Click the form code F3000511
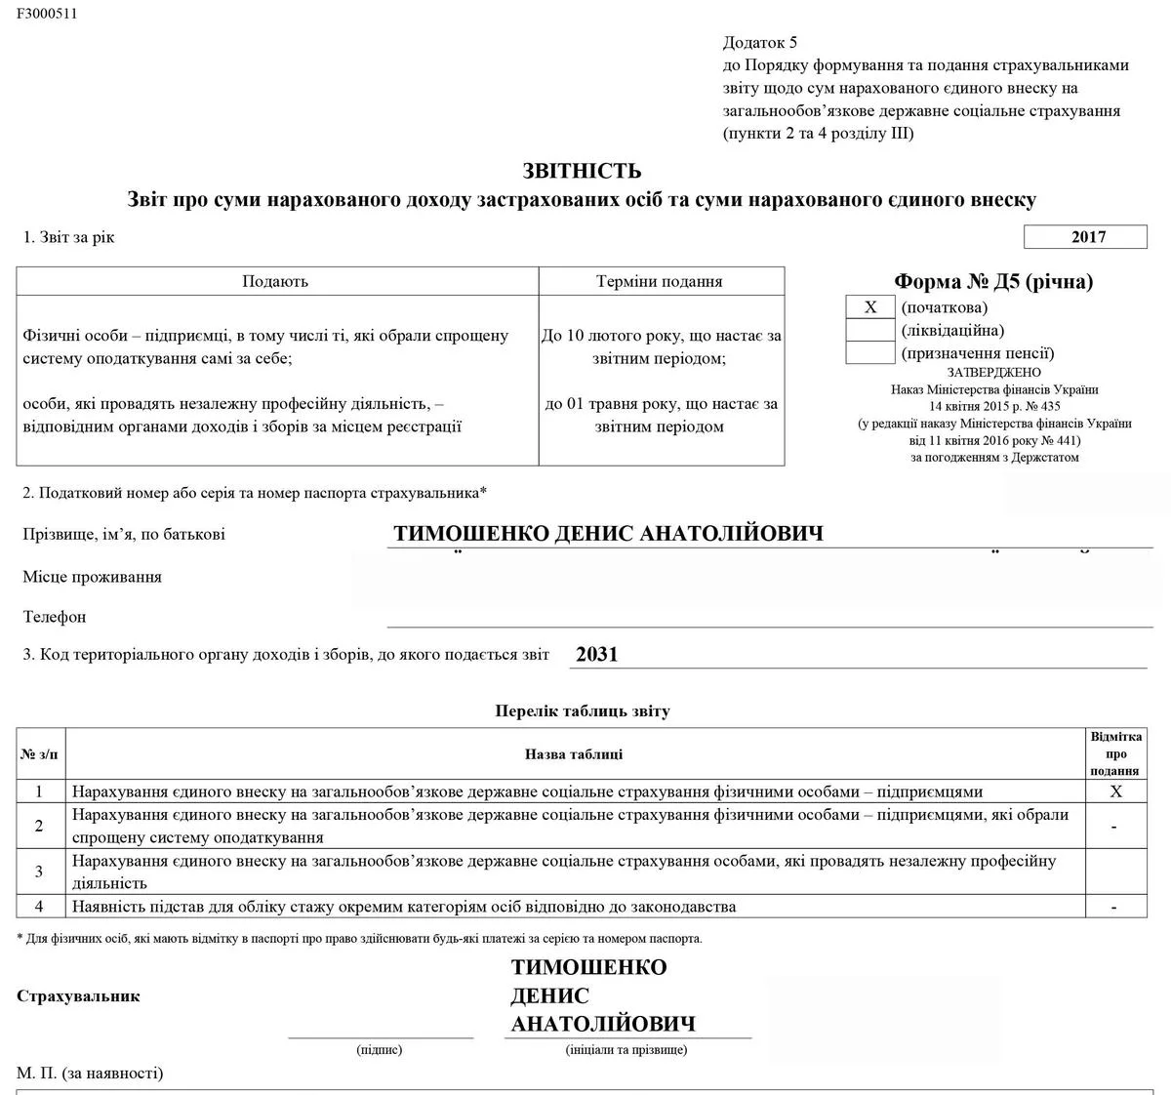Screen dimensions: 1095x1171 click(47, 14)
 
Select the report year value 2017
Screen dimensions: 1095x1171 click(1088, 237)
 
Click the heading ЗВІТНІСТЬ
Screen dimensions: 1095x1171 click(582, 172)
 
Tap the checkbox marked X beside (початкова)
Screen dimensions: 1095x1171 click(870, 307)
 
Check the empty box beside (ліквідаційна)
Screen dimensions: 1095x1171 click(870, 330)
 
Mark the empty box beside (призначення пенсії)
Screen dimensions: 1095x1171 click(870, 352)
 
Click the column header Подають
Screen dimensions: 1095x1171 click(275, 281)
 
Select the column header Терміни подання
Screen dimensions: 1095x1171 click(660, 281)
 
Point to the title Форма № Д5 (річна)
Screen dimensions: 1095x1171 click(993, 282)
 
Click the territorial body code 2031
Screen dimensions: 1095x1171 click(597, 655)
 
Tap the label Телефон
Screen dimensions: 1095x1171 click(55, 617)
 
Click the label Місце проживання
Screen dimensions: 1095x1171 click(93, 577)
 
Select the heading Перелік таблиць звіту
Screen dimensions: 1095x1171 click(583, 710)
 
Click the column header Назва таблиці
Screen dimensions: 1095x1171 click(574, 753)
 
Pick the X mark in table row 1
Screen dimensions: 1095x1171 click(1116, 791)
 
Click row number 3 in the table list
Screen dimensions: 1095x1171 click(39, 872)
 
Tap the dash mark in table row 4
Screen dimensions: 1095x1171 click(1114, 907)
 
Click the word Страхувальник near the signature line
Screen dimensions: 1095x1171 click(78, 996)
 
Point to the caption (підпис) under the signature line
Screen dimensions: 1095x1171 click(380, 1050)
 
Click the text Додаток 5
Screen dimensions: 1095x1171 click(760, 42)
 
